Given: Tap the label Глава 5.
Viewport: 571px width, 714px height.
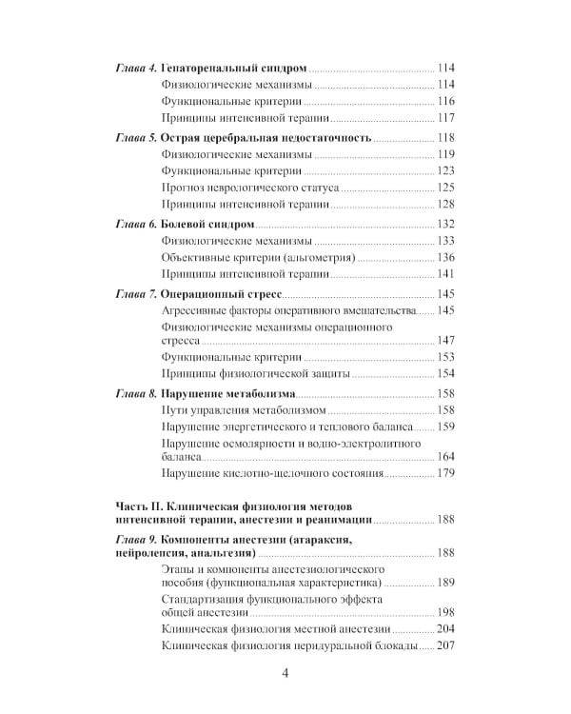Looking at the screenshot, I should [x=134, y=137].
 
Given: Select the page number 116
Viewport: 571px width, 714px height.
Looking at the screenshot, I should [x=446, y=101].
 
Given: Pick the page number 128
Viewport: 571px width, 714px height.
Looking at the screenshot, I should [x=446, y=205].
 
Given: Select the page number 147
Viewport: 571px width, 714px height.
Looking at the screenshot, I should [x=446, y=339].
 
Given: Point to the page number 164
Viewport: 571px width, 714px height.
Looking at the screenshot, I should [x=446, y=456].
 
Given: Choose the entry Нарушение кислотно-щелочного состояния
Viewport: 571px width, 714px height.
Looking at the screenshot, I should [x=272, y=473].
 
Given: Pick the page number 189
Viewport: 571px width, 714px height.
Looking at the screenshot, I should [x=446, y=582].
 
